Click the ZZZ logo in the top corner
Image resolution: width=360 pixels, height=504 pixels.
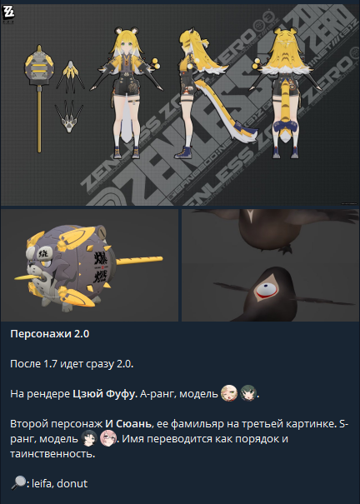pos(8,14)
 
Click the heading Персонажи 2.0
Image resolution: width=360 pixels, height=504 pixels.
pos(50,334)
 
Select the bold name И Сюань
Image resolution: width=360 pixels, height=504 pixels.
pos(128,424)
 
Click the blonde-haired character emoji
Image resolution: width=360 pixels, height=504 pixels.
pos(229,392)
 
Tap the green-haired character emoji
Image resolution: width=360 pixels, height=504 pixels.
pos(248,392)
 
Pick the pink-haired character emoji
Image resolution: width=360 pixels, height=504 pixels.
pos(108,438)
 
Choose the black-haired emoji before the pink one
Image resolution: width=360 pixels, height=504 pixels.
pos(88,438)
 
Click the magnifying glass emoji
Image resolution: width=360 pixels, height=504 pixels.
pos(18,483)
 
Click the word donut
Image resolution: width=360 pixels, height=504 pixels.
pos(72,483)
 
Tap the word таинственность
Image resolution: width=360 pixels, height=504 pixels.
pos(52,454)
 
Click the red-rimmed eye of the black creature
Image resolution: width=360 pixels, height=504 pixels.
pos(267,290)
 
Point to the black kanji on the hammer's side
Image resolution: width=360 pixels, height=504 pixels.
pos(99,267)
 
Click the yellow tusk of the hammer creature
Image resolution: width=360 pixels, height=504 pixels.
pos(28,276)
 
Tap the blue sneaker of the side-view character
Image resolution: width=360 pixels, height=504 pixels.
pos(184,152)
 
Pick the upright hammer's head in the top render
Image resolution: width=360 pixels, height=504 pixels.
pos(39,66)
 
